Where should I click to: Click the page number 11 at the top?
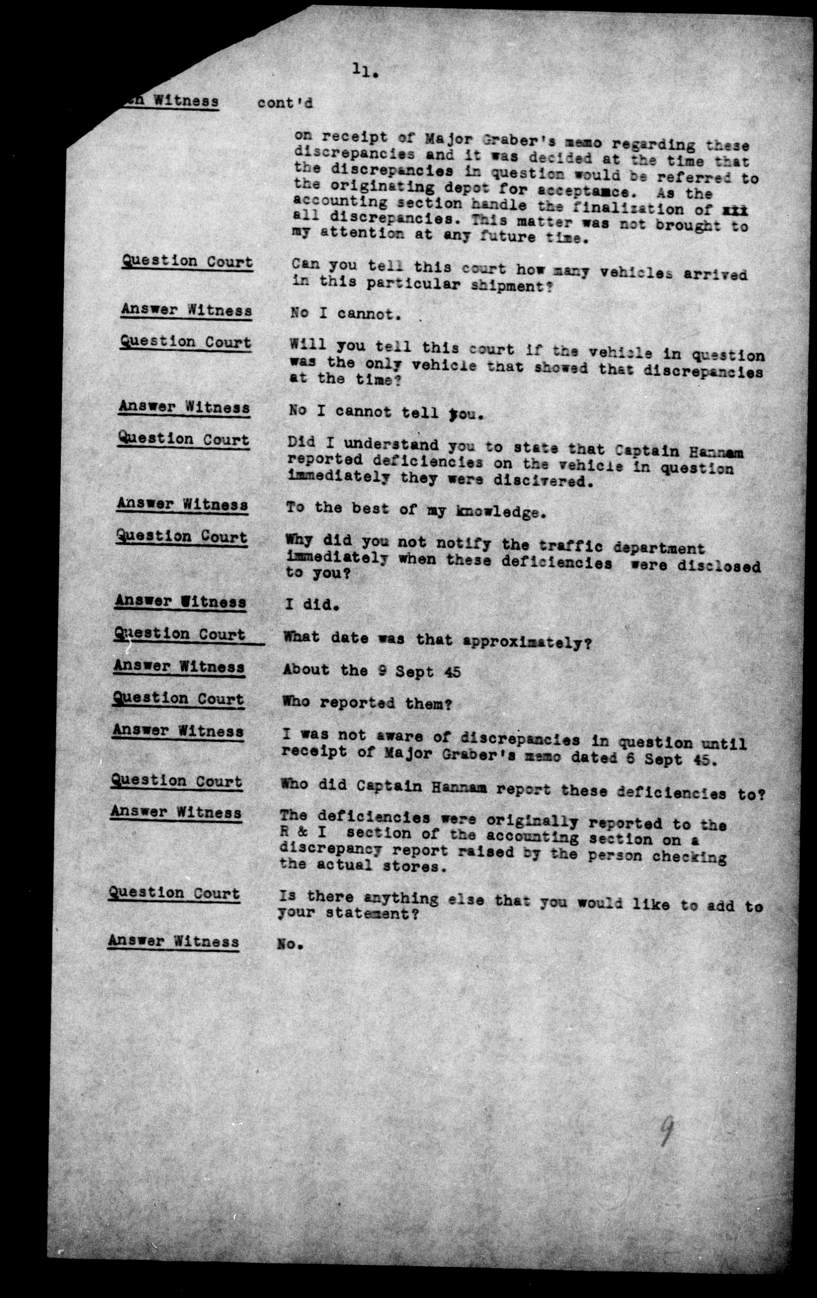pyautogui.click(x=365, y=71)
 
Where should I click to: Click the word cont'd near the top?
pyautogui.click(x=285, y=103)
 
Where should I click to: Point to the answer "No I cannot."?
pyautogui.click(x=345, y=314)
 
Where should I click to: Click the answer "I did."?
pyautogui.click(x=312, y=605)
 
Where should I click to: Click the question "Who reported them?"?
pyautogui.click(x=367, y=703)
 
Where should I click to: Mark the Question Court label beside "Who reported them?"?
pyautogui.click(x=178, y=699)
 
